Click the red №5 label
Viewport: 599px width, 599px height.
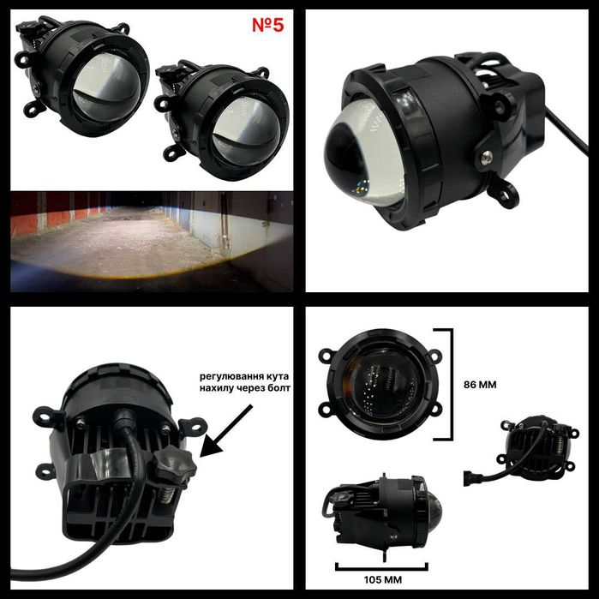(x=267, y=25)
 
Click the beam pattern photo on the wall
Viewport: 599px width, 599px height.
(x=151, y=239)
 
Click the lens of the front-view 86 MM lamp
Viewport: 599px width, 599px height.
(x=381, y=386)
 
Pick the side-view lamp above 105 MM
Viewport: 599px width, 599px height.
(x=380, y=512)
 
